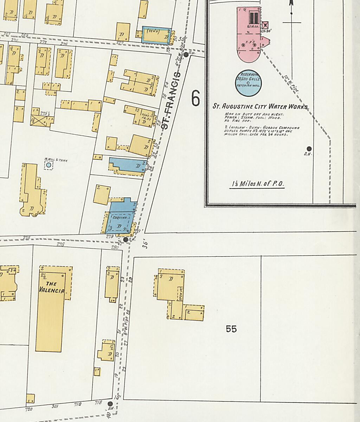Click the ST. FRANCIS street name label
(x=172, y=101)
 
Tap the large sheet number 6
(x=195, y=98)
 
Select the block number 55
(x=231, y=329)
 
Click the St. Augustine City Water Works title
(x=261, y=107)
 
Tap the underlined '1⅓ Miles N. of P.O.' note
(x=257, y=184)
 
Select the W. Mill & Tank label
(x=56, y=160)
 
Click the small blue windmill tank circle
(x=49, y=165)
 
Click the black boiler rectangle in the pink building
(x=254, y=18)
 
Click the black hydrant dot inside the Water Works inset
(x=309, y=149)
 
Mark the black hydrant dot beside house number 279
(x=126, y=239)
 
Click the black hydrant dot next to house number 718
(x=110, y=404)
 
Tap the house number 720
(x=29, y=409)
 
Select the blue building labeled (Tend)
(x=156, y=35)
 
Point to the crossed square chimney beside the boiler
(x=266, y=25)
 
